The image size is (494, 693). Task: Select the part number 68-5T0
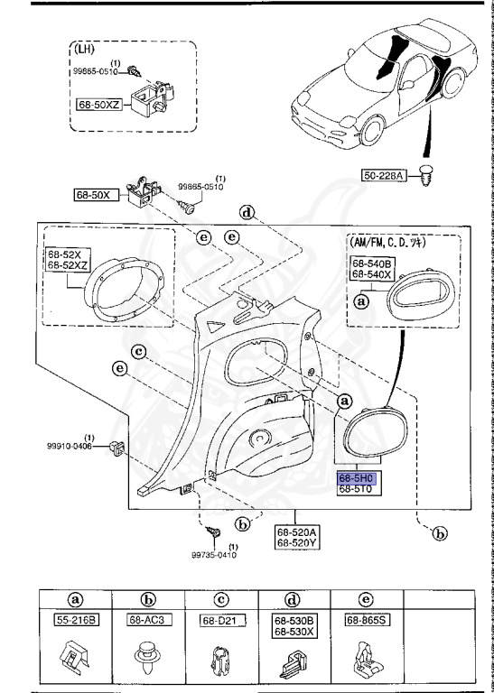[x=358, y=489]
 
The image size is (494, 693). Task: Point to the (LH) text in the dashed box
[x=88, y=51]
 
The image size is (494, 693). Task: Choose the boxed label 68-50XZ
[x=99, y=105]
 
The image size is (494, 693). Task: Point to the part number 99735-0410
[x=213, y=555]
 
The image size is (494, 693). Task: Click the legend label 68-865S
[x=360, y=620]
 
